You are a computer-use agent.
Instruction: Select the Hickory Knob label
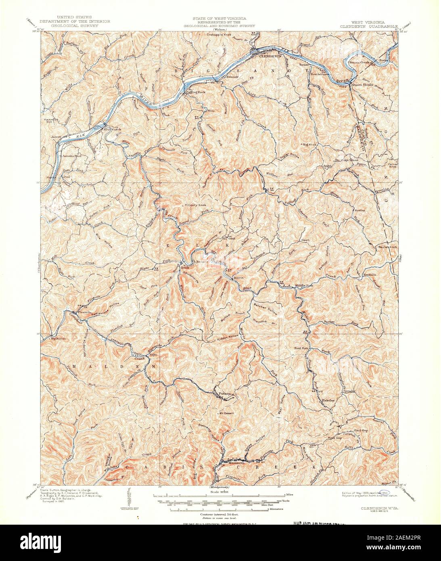192,205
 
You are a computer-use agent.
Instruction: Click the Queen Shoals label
362,85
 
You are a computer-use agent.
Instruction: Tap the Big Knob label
311,144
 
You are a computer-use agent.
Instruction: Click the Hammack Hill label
52,122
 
